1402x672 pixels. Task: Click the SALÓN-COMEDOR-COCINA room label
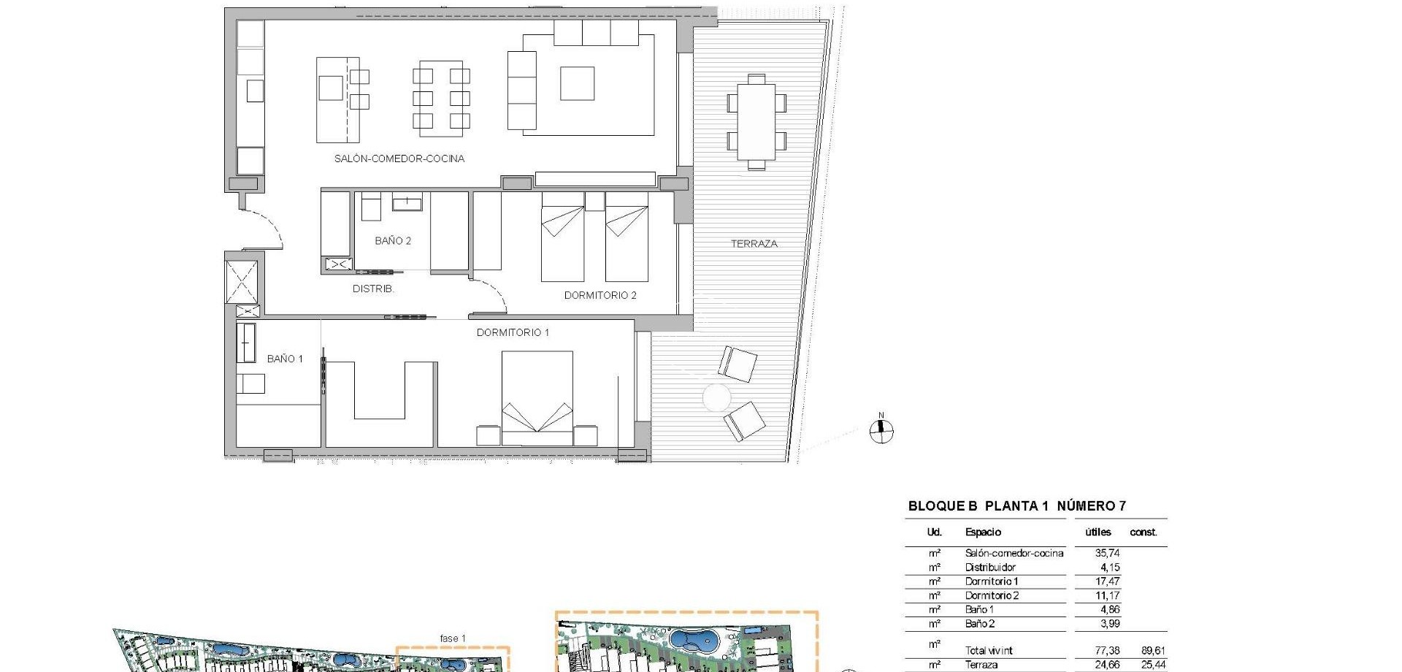coord(399,159)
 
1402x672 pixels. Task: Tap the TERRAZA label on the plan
coord(754,244)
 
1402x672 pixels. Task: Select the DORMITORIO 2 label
coord(600,296)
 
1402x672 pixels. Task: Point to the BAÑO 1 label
coord(285,359)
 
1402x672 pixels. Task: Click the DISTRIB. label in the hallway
coord(373,289)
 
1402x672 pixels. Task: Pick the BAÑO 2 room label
coord(393,241)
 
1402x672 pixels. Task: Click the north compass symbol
coord(881,431)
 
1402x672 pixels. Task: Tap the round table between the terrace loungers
coord(716,397)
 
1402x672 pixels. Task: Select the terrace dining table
coord(756,122)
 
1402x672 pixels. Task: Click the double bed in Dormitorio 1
coord(537,398)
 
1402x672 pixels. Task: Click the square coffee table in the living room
coord(577,83)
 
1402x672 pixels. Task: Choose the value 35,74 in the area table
coord(1107,554)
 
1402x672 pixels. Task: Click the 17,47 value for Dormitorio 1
coord(1107,582)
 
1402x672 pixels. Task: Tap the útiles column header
coord(1098,532)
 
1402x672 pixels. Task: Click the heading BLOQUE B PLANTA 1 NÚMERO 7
coord(1016,506)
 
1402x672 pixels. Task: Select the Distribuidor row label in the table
coord(989,568)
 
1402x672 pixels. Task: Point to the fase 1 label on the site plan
coord(453,638)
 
